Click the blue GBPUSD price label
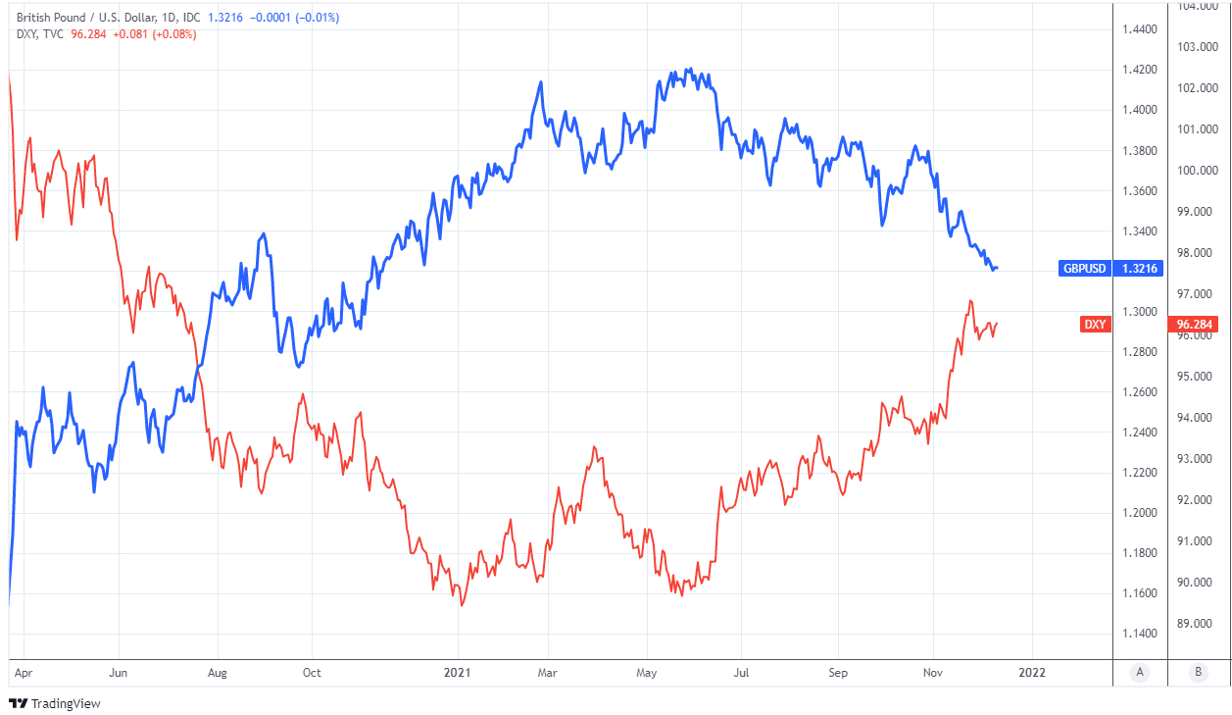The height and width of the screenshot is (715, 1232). tap(1085, 268)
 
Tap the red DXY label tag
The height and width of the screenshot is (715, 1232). tap(1095, 325)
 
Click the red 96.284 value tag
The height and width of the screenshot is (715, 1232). tap(1195, 325)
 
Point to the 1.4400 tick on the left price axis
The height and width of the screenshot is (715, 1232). tap(1137, 29)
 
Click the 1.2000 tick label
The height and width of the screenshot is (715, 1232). tap(1137, 513)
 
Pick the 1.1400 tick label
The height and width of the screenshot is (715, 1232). tap(1137, 634)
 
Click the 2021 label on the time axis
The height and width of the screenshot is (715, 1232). tap(458, 673)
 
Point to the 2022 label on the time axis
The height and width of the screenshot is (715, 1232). tap(1031, 673)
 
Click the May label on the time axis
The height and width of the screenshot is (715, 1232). tap(647, 673)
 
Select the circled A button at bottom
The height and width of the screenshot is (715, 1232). tap(1139, 672)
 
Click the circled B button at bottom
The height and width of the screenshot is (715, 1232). tap(1197, 672)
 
